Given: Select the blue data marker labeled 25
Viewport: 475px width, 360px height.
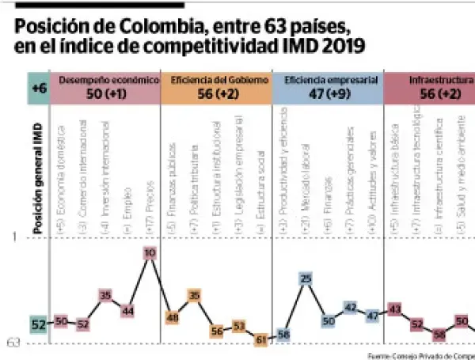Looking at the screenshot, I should click(306, 279).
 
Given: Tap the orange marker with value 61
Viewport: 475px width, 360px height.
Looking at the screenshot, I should click(260, 339).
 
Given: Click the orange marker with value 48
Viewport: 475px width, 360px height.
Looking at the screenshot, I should click(172, 316).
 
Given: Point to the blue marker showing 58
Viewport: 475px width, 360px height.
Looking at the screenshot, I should click(283, 335).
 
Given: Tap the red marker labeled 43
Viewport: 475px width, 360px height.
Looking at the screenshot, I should click(395, 309).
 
